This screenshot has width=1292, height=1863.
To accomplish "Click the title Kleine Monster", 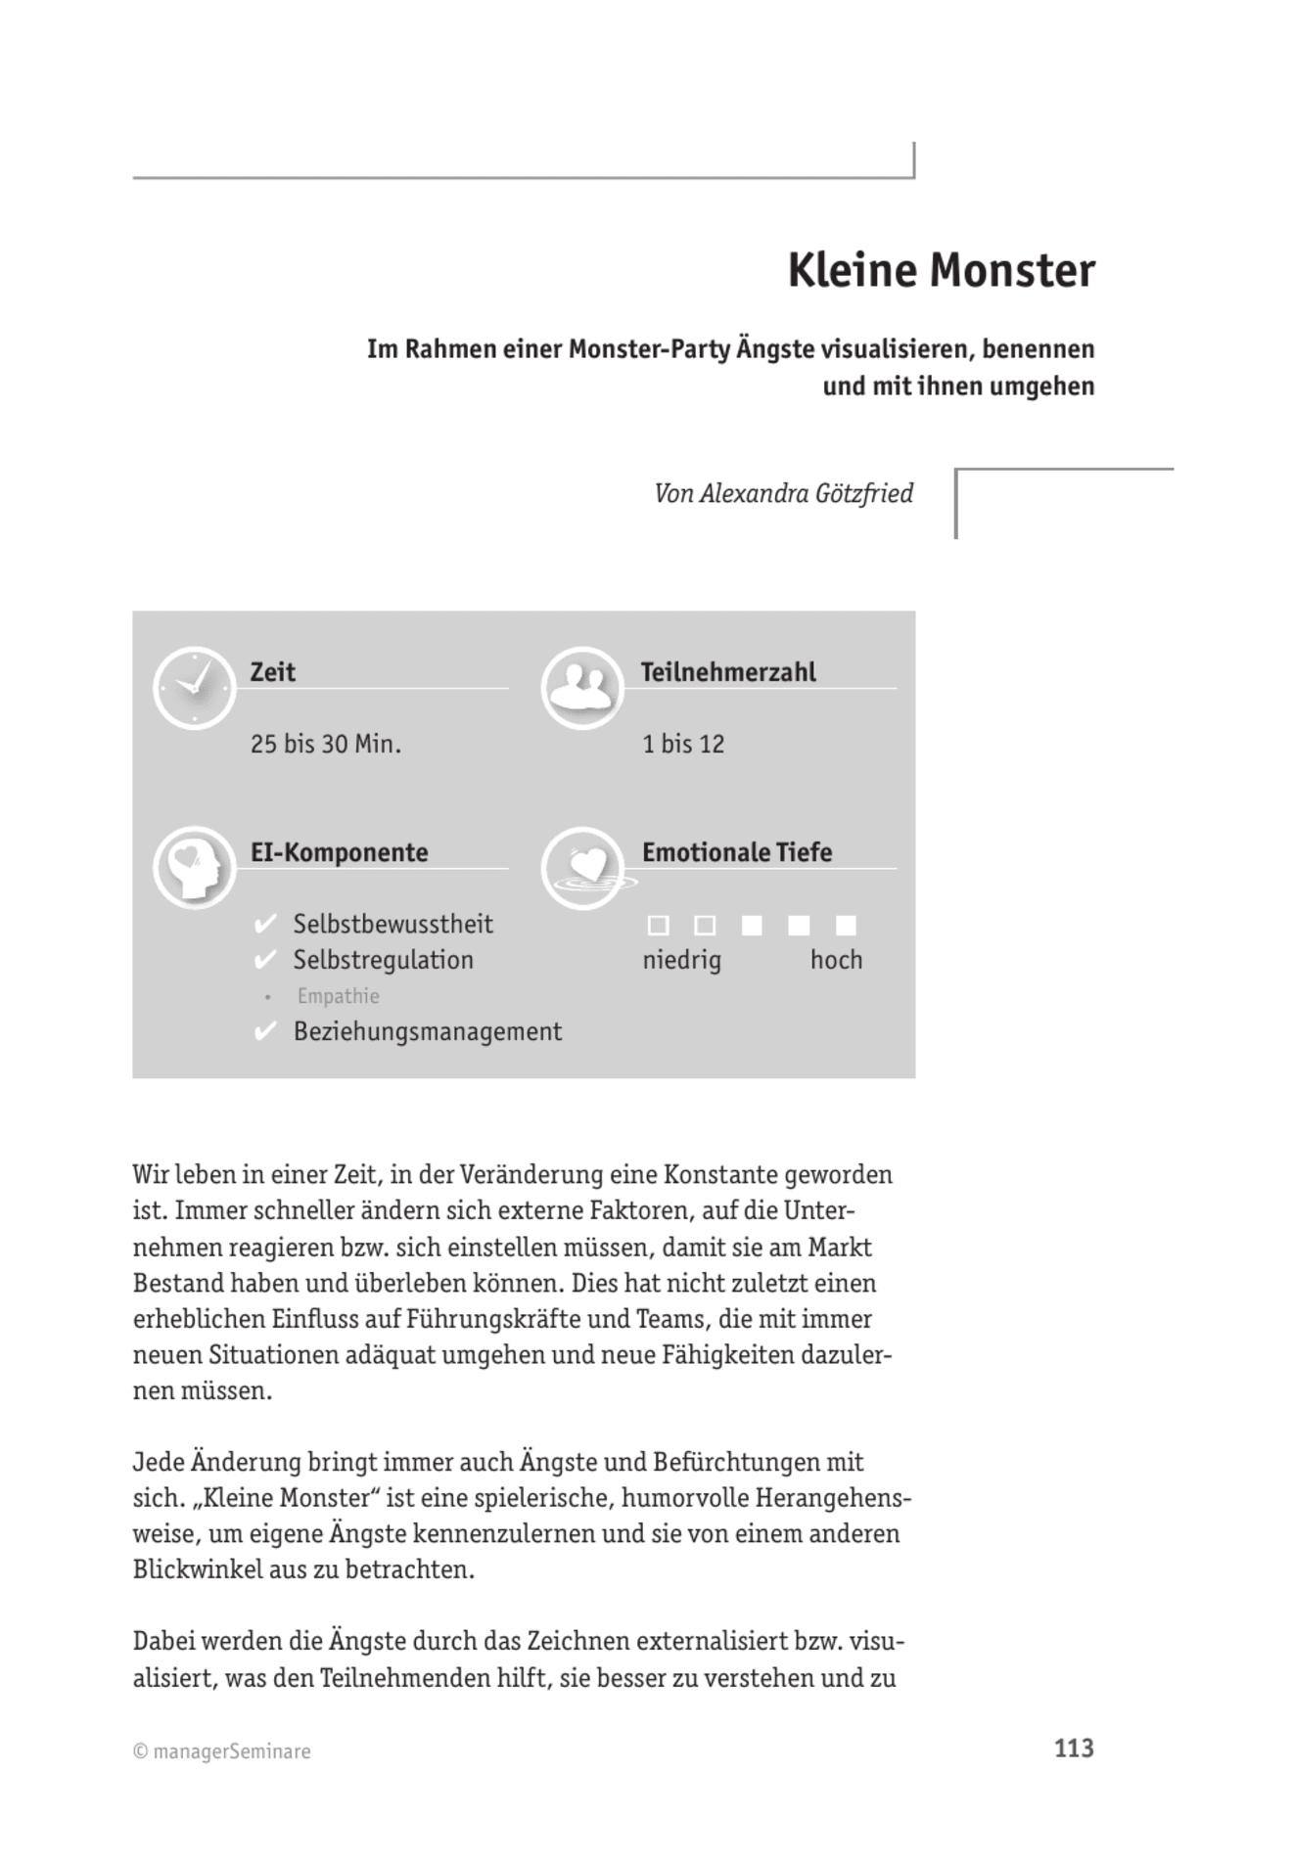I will point(941,271).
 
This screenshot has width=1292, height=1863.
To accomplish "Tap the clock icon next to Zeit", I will point(195,688).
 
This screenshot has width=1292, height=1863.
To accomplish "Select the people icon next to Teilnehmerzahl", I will point(582,688).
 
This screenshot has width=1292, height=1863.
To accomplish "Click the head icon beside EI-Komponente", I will point(195,868).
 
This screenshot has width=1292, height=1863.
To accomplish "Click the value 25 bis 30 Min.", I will point(326,745).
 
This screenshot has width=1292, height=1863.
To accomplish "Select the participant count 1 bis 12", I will point(683,745).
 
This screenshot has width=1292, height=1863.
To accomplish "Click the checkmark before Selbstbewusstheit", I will point(265,925).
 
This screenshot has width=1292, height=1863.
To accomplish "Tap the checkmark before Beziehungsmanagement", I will point(265,1032).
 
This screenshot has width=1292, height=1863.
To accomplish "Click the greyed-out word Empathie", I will point(338,996).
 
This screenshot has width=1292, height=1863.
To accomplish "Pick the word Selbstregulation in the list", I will point(383,960).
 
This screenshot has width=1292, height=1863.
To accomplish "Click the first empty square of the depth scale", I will point(659,926).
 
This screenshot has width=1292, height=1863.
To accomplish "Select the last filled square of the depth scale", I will point(847,926).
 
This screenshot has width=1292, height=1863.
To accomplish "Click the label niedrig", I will point(681,960).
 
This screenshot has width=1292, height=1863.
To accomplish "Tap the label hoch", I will point(836,960).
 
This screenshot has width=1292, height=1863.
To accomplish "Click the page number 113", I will point(1074,1749).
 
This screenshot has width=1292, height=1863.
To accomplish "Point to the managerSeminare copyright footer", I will point(222,1751).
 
